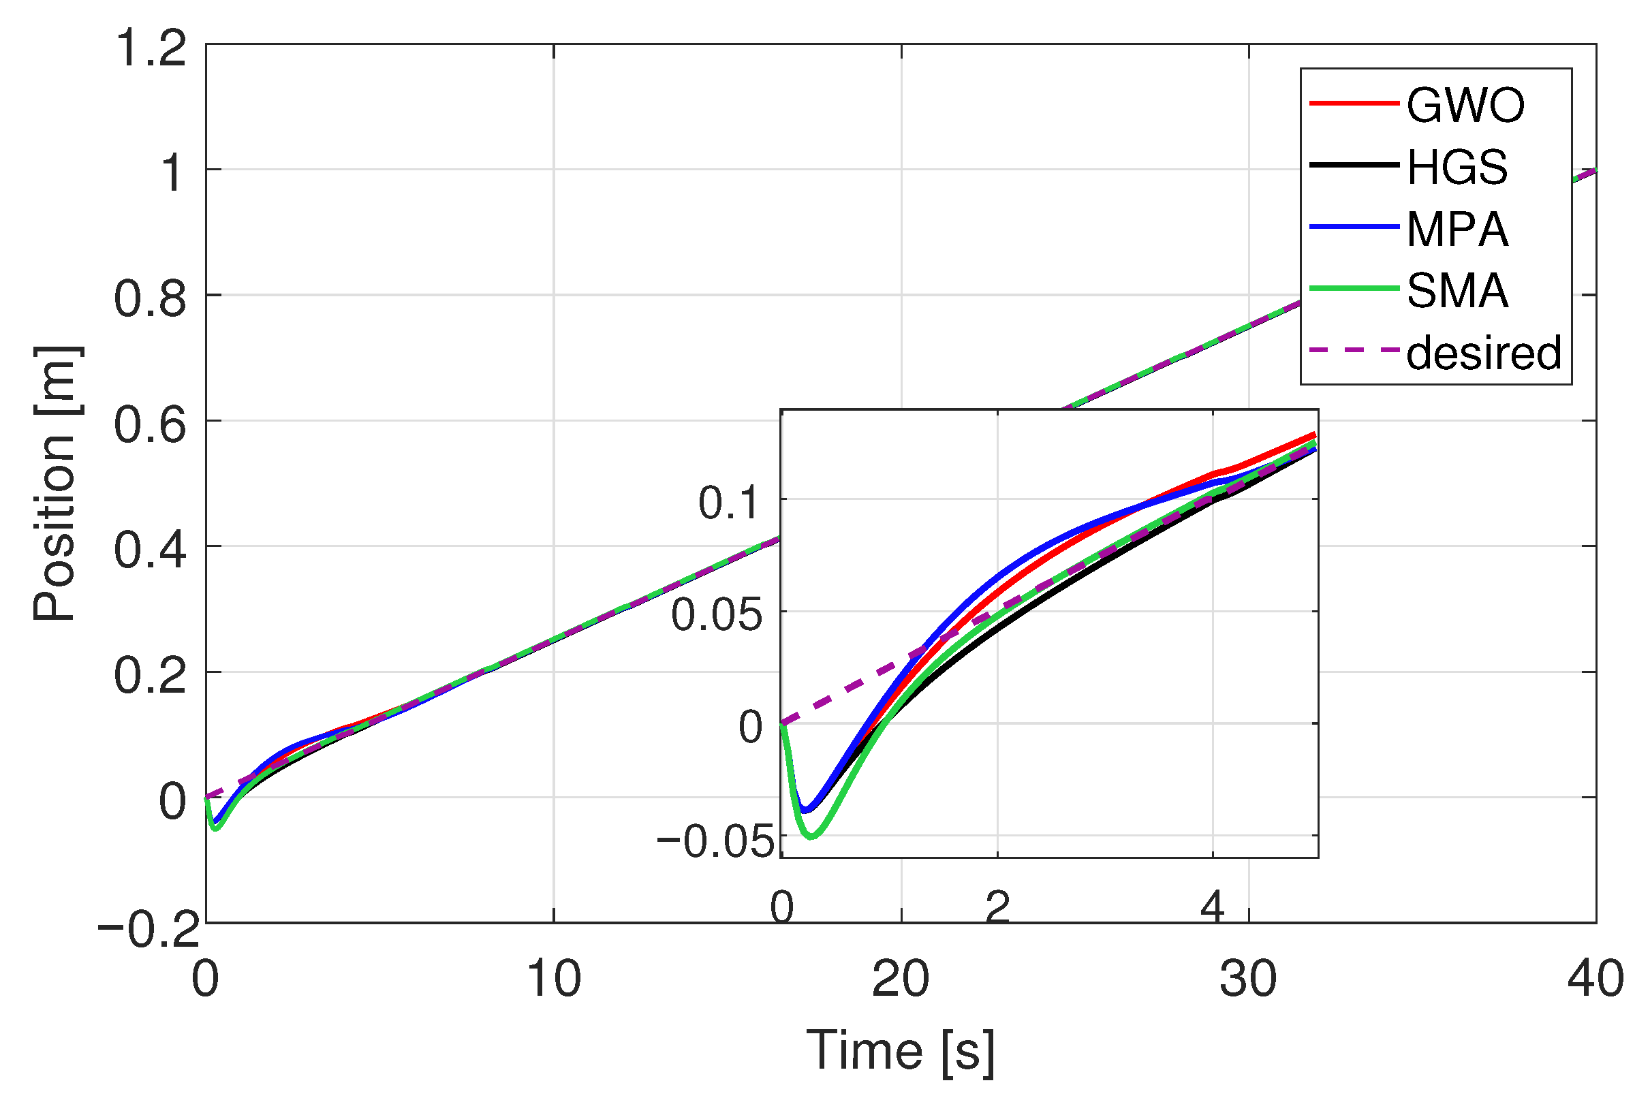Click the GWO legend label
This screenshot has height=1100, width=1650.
click(1465, 106)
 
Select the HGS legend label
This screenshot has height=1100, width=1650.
click(1457, 168)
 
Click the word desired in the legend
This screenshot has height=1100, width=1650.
click(1483, 352)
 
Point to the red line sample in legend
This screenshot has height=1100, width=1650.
click(1354, 104)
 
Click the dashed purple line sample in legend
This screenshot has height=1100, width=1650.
click(1354, 349)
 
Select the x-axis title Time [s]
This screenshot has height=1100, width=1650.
click(900, 1052)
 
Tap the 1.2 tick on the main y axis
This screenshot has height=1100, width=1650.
click(151, 49)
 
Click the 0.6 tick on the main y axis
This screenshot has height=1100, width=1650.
click(151, 425)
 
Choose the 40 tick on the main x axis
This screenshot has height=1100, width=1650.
click(1595, 979)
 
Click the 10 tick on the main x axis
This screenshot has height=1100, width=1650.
click(553, 979)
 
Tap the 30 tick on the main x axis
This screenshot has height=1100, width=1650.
click(1248, 979)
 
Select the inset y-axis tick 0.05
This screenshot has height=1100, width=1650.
click(716, 615)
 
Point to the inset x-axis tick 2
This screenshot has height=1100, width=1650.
click(997, 907)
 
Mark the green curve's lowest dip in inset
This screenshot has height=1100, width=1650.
click(811, 836)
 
